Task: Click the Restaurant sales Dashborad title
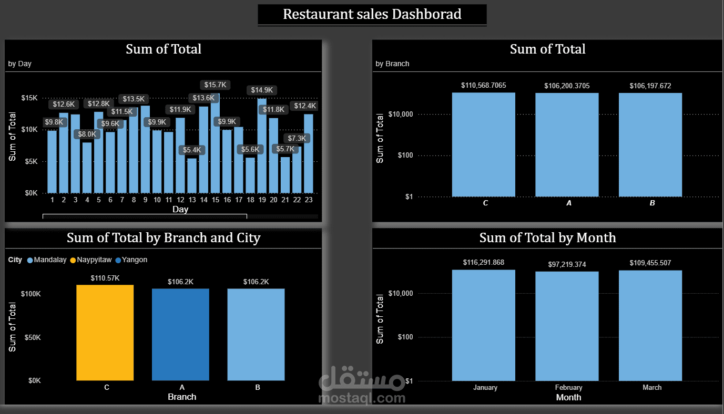point(372,14)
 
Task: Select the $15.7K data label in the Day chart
point(215,85)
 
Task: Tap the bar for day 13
point(192,175)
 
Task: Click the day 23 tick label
point(309,200)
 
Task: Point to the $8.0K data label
point(87,134)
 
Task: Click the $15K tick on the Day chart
point(29,98)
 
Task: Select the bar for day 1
point(52,161)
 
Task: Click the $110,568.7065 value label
point(483,85)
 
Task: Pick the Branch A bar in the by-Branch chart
point(567,144)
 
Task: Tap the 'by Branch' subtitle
point(392,64)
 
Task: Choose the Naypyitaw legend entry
point(94,260)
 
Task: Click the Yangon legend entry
point(135,260)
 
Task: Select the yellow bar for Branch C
point(105,333)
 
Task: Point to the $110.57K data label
point(105,278)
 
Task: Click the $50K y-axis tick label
point(31,337)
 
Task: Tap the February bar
point(567,326)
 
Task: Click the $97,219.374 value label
point(568,263)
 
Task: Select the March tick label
point(652,388)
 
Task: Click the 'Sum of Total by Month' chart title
point(547,238)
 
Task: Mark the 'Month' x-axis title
point(568,397)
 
